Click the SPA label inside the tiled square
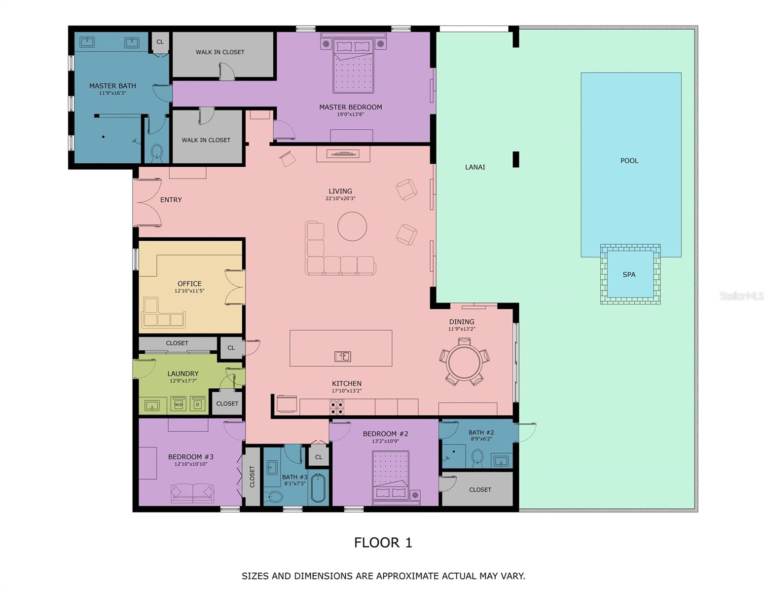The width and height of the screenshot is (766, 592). pos(628,275)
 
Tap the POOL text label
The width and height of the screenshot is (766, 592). pos(629,161)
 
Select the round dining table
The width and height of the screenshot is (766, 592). pos(464,362)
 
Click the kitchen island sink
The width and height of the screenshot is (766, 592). pos(342,356)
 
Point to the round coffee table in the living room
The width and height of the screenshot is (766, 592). pos(352,226)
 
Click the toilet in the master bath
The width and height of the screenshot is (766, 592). pos(157,151)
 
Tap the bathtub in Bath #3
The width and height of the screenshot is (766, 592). pos(319,488)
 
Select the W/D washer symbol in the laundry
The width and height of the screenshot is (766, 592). pos(179,405)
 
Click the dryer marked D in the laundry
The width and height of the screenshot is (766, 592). pos(198,405)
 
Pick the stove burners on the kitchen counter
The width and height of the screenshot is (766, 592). pos(337,407)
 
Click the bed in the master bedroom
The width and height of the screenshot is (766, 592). pos(353,67)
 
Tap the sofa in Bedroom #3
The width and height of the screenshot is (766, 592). pos(192,493)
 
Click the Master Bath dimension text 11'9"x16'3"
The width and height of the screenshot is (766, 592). pos(112,93)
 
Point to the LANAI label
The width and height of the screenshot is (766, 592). pos(475,167)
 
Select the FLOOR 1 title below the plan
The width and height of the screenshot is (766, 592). pos(383,543)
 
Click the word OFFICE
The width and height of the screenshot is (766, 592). pos(189,284)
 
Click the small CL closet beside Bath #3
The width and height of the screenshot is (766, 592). pos(319,457)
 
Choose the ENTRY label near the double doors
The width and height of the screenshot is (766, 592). pos(171,200)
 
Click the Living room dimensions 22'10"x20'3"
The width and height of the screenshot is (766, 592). pos(340,198)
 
